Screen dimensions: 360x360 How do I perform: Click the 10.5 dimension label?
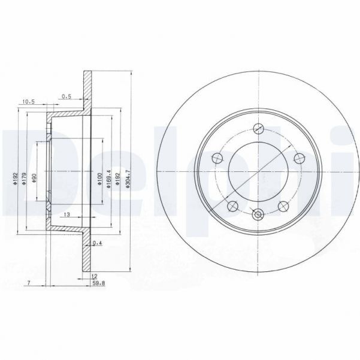pyautogui.click(x=27, y=102)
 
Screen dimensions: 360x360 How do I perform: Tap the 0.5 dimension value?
pyautogui.click(x=66, y=95)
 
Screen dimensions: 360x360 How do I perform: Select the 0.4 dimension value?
pyautogui.click(x=98, y=243)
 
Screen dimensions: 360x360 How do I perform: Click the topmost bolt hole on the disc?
pyautogui.click(x=259, y=127)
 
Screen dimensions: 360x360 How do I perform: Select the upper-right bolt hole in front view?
pyautogui.click(x=297, y=158)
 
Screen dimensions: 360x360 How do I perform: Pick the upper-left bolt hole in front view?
pyautogui.click(x=218, y=158)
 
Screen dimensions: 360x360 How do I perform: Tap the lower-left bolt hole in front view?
pyautogui.click(x=234, y=205)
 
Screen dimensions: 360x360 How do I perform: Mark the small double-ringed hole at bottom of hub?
pyautogui.click(x=259, y=214)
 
